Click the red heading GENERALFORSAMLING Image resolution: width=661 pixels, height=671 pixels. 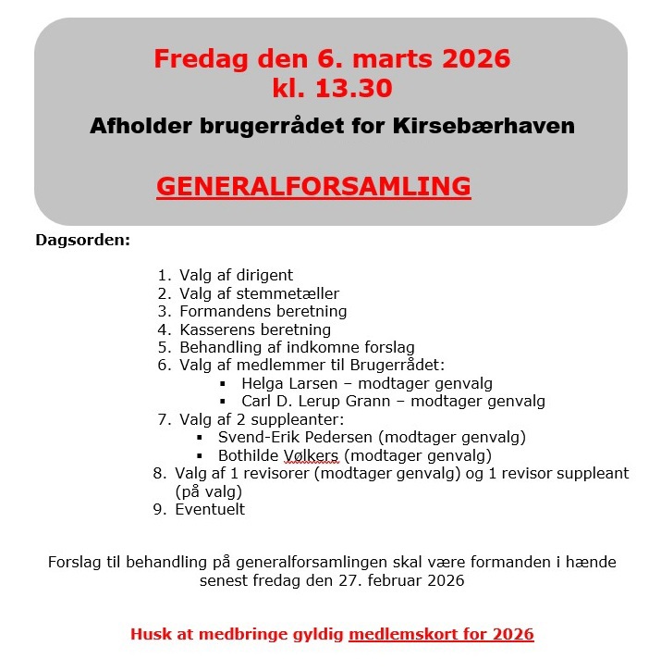point(313,186)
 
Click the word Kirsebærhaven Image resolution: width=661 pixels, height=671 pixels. point(500,126)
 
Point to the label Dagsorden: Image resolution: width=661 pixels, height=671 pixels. point(83,241)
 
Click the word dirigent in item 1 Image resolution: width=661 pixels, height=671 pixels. point(263,275)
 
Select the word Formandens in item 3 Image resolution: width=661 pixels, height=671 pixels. point(221,311)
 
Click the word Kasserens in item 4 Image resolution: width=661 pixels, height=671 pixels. point(215,329)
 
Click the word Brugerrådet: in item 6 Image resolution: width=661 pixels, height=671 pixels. point(399,366)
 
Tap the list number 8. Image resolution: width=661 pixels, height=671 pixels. point(158,473)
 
